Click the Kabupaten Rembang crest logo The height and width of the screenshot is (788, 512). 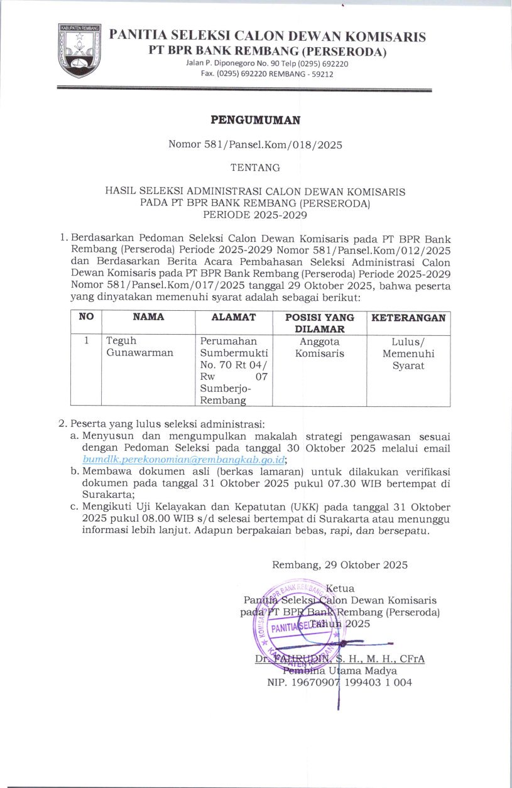click(79, 50)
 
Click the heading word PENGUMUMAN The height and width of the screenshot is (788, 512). click(255, 119)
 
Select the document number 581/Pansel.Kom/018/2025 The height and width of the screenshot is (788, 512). click(255, 145)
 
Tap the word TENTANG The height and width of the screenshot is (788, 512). click(255, 168)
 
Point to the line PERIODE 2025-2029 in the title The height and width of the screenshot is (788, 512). click(255, 214)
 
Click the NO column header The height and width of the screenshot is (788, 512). click(85, 318)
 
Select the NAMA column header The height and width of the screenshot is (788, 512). click(148, 318)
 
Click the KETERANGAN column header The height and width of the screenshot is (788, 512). click(408, 318)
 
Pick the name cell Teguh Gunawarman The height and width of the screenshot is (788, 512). click(139, 347)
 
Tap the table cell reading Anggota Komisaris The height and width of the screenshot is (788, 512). click(320, 347)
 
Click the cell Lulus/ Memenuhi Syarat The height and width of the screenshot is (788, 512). click(408, 354)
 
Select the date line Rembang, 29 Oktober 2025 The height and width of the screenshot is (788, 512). click(340, 564)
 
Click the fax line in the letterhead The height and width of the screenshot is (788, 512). click(267, 73)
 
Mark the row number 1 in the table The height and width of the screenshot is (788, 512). click(85, 341)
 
